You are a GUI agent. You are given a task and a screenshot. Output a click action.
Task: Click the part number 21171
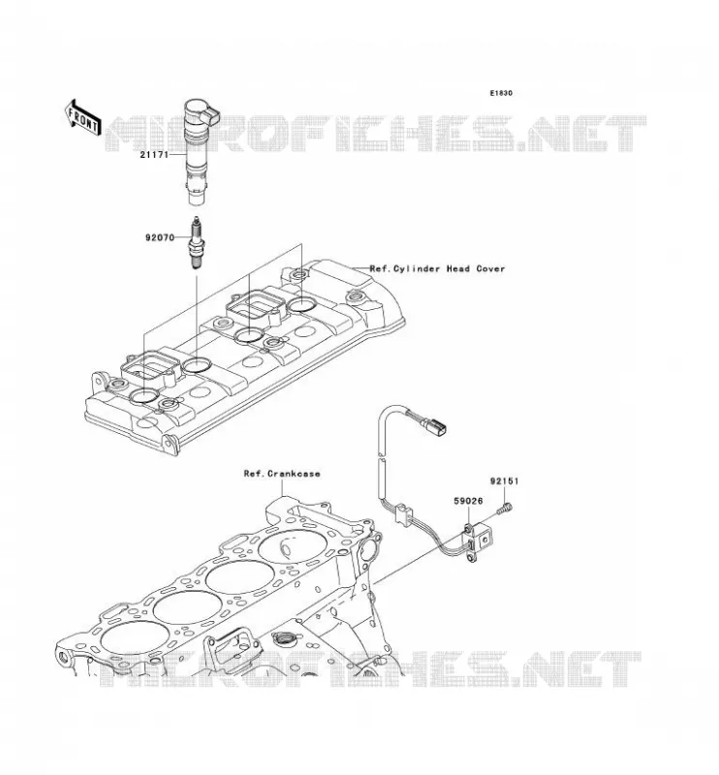point(154,155)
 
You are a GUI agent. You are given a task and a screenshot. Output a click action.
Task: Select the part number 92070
point(160,237)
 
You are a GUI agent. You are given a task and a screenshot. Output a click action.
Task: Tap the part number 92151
point(505,480)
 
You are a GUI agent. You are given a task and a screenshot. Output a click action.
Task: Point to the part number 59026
point(468,501)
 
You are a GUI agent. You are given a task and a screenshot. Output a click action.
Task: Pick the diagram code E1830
point(501,93)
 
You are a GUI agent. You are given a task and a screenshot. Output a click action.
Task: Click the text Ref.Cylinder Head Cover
point(438,269)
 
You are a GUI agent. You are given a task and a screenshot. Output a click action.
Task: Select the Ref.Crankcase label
point(282,474)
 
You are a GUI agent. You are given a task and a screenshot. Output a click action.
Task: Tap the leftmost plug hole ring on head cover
point(143,395)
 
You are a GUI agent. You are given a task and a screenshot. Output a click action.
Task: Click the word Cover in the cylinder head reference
point(490,269)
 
